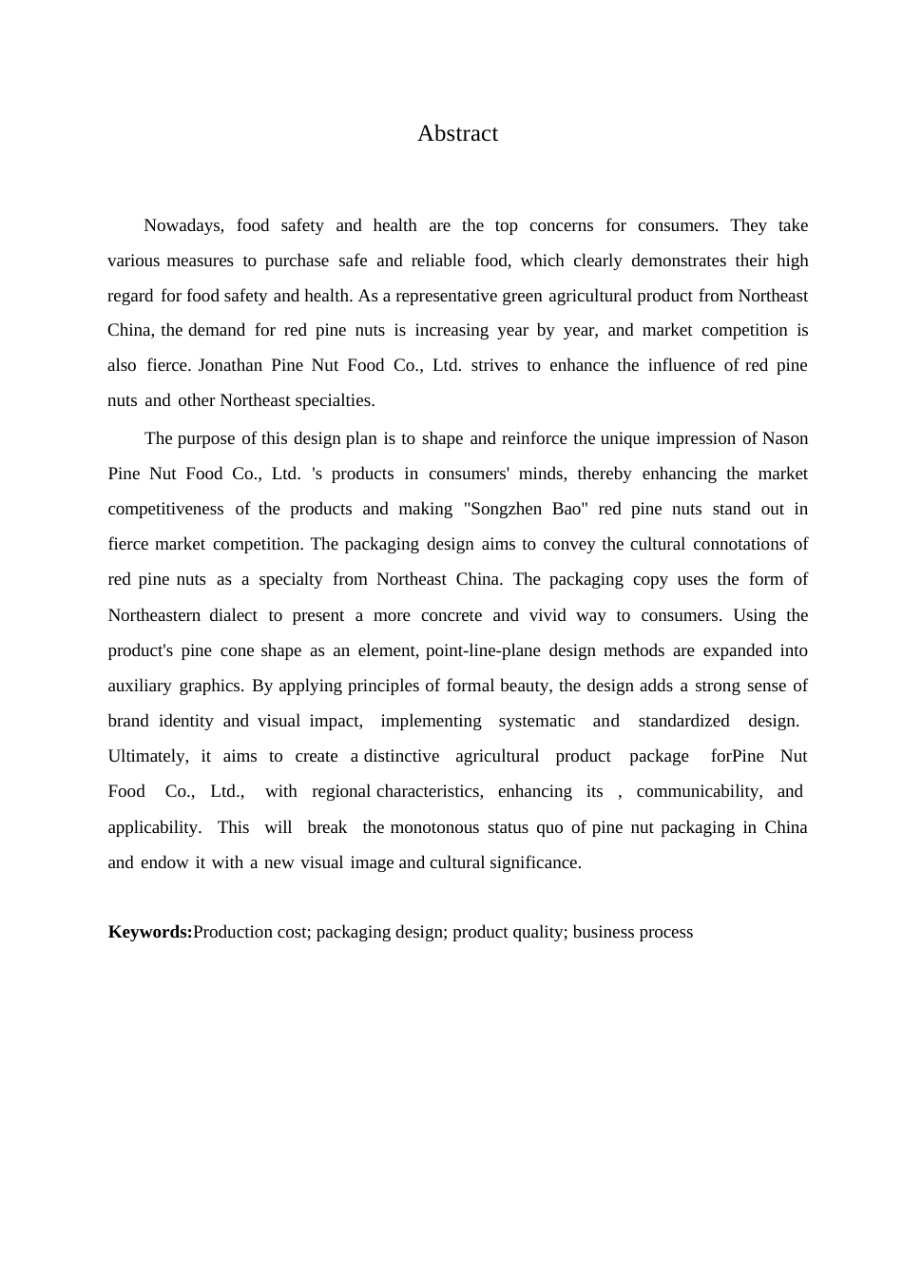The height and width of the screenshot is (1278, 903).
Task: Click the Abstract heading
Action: coord(457,133)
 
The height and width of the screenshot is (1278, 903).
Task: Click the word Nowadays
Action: coord(183,225)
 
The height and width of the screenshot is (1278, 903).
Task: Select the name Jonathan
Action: coord(230,365)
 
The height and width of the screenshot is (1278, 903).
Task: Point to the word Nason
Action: coord(785,438)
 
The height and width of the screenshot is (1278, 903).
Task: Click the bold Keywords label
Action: coord(150,932)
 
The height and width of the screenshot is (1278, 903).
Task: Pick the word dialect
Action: coord(233,615)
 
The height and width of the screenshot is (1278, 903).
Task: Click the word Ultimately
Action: coord(147,756)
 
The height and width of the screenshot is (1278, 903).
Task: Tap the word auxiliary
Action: coord(140,686)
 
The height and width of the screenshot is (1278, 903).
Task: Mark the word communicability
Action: coord(699,791)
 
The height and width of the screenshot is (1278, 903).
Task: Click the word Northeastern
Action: coord(154,615)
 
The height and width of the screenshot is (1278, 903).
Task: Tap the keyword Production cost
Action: coord(251,932)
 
